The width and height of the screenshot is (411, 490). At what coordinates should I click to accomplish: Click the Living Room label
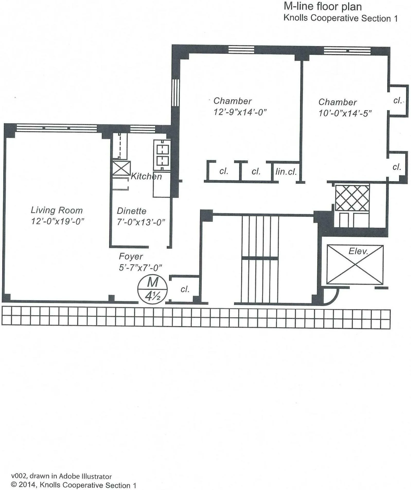point(57,210)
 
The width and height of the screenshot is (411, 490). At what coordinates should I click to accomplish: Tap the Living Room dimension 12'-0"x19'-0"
point(58,221)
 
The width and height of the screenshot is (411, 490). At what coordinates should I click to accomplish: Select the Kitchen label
point(146,176)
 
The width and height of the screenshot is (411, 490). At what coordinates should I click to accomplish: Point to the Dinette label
point(132,211)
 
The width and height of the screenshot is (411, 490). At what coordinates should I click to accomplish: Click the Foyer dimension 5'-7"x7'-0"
point(140,268)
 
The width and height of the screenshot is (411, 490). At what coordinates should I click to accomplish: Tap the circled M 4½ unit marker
point(153,289)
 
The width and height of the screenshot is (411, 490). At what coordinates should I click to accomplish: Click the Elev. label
point(358,251)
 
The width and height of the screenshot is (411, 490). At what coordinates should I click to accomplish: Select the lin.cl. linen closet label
point(286,171)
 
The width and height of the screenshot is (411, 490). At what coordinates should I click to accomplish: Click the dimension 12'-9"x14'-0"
point(240,112)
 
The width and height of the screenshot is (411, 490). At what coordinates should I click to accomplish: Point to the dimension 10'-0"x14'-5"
point(345,113)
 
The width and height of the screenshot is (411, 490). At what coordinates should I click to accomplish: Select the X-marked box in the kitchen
point(121,169)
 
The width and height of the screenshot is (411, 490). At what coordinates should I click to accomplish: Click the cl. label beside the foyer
point(185,289)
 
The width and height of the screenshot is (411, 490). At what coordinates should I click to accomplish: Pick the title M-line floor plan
point(322,7)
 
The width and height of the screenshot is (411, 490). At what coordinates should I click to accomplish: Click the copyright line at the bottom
point(74,485)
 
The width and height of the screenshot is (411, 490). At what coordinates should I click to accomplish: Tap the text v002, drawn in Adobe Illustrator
point(61,476)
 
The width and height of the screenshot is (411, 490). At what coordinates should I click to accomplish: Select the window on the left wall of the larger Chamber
point(175,93)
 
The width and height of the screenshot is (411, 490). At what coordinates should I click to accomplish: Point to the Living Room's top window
point(57,128)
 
